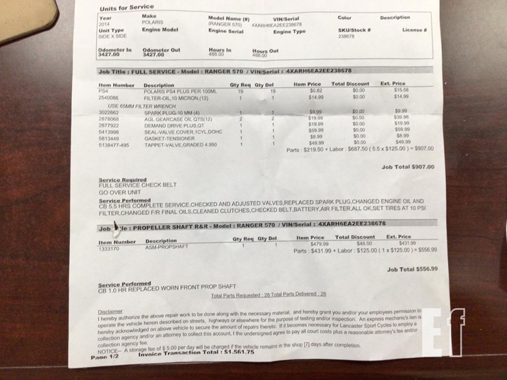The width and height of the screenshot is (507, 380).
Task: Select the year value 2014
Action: point(104,23)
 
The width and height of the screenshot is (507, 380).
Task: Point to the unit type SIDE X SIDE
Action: point(112,36)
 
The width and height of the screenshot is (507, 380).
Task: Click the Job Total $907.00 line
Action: point(408,166)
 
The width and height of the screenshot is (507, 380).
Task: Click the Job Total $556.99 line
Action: point(412,269)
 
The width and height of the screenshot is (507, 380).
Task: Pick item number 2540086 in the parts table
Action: point(109,97)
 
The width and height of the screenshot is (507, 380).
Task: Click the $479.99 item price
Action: point(319,244)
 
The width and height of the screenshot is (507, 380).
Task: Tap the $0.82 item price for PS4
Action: point(316,90)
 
